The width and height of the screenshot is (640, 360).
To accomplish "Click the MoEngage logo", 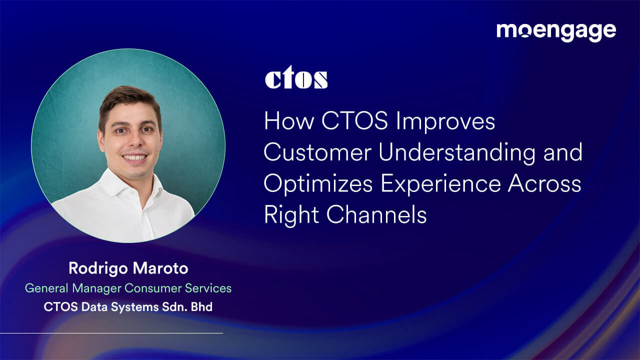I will [x=556, y=31].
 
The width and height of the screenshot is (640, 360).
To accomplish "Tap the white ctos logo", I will [x=296, y=79].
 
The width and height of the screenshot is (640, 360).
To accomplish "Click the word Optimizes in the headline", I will [x=318, y=184].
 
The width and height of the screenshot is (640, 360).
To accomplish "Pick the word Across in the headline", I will [x=544, y=184].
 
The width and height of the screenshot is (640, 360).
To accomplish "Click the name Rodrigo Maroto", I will [x=128, y=268].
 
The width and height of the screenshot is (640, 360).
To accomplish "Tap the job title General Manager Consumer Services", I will [x=128, y=288].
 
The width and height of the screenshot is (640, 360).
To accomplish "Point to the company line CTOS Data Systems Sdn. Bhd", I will [x=128, y=306].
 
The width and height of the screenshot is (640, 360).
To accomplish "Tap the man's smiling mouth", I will [x=134, y=157].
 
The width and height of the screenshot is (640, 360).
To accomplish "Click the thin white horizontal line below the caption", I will [x=111, y=333].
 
